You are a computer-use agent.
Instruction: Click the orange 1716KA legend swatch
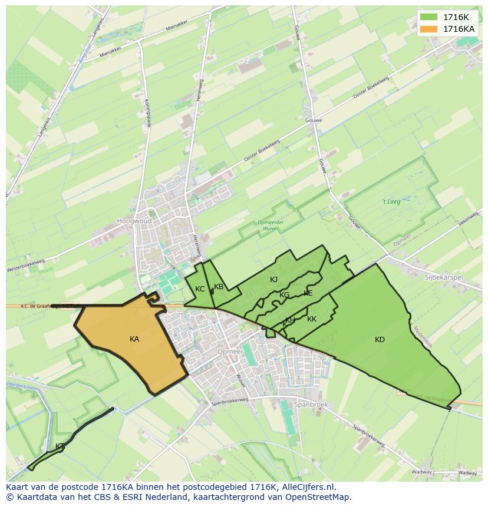point(429,29)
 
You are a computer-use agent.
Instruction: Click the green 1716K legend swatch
point(429,17)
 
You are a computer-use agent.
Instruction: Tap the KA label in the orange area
point(134,339)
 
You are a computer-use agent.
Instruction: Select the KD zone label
point(380,340)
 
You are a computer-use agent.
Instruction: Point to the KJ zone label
point(273,280)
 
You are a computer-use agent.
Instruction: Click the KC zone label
point(200,289)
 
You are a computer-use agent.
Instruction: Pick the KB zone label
point(219,287)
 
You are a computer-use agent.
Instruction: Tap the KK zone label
point(312,319)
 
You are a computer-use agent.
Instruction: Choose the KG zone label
point(285,295)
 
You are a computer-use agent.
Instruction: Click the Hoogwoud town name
point(134,221)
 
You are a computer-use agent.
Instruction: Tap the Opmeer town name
point(230,352)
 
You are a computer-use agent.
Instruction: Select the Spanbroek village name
point(311,405)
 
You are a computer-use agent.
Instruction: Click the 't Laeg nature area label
point(391,202)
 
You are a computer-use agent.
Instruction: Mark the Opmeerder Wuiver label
point(271,225)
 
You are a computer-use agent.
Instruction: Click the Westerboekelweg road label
point(25,266)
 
